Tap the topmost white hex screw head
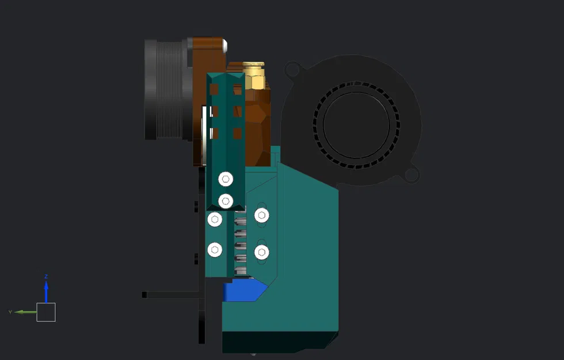click(x=226, y=179)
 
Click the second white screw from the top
click(x=226, y=201)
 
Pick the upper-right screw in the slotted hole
click(x=261, y=216)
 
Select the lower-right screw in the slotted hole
click(x=261, y=252)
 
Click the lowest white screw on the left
click(x=215, y=249)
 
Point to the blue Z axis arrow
click(x=46, y=291)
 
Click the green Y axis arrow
click(x=25, y=312)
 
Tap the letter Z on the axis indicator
click(x=46, y=276)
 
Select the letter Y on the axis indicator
click(x=10, y=312)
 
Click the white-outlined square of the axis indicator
click(x=46, y=312)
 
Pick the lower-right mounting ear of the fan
click(x=412, y=174)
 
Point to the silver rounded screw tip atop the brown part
click(x=226, y=44)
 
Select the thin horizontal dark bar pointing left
click(x=170, y=294)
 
